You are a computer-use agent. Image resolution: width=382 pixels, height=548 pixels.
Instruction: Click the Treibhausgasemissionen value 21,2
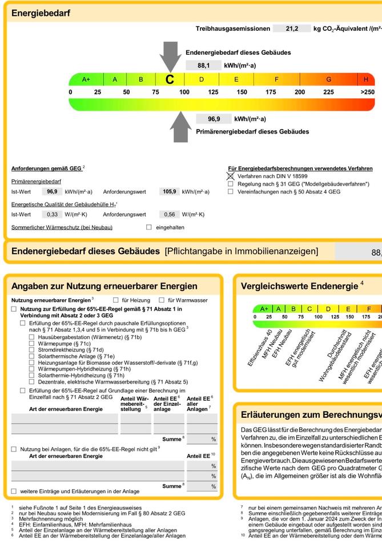(292, 29)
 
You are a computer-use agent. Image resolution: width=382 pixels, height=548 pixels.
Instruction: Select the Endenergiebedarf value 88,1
(203, 66)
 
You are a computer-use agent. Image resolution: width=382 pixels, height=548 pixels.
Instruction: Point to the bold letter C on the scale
(170, 80)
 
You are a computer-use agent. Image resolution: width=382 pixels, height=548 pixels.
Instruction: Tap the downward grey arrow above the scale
(170, 55)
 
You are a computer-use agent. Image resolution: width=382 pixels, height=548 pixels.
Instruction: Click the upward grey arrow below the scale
(182, 126)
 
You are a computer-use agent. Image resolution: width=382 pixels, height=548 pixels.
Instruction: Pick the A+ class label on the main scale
(86, 79)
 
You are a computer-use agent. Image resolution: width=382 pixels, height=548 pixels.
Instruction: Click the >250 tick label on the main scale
(368, 92)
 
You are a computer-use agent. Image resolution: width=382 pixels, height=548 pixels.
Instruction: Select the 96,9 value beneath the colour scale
(214, 119)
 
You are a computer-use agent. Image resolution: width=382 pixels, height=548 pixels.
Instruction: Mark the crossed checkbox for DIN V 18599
(231, 176)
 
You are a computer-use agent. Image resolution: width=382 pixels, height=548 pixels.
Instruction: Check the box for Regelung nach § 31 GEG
(231, 184)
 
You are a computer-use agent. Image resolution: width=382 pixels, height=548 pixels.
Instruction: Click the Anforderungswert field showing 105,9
(170, 192)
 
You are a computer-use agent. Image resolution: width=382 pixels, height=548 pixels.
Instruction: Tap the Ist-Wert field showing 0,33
(52, 215)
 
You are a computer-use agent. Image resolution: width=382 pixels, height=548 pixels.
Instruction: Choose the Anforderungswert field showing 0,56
(169, 215)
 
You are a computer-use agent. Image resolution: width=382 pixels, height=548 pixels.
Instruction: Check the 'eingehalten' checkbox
(149, 227)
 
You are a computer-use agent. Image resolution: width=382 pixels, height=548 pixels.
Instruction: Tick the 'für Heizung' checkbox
(116, 300)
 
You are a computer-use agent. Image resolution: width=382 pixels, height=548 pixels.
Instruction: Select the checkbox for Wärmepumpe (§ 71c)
(32, 344)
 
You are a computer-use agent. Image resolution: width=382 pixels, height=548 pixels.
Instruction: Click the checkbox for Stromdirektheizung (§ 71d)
(32, 350)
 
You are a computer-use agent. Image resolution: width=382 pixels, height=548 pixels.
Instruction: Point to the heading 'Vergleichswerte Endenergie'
(299, 286)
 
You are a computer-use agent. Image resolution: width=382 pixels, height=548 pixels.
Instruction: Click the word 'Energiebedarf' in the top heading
(41, 13)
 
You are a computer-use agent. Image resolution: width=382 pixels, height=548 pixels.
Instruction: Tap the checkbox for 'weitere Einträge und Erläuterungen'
(14, 491)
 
